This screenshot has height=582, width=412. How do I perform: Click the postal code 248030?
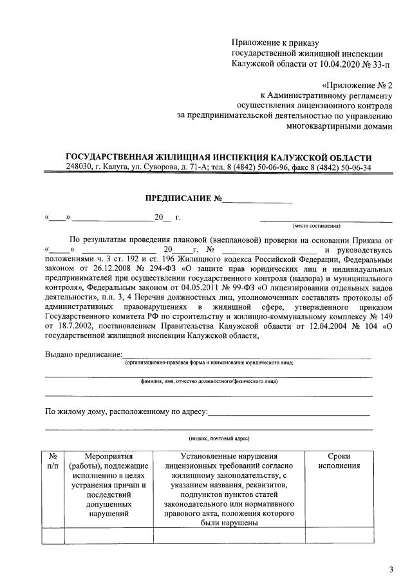(x=79, y=167)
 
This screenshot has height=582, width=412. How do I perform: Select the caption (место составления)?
(x=317, y=226)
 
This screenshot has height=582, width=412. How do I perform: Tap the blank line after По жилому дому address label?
(x=289, y=411)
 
